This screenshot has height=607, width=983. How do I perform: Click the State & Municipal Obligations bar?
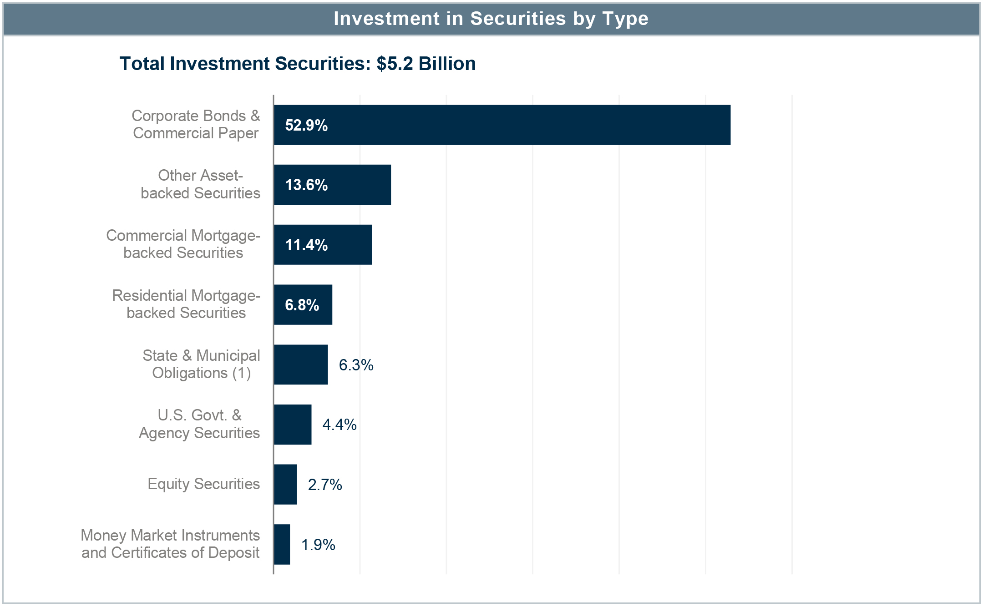click(x=301, y=364)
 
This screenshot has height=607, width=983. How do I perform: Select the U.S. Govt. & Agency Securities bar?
click(x=293, y=425)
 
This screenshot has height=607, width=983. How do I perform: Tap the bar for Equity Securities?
click(x=285, y=485)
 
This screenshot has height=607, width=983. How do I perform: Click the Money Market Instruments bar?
click(x=282, y=544)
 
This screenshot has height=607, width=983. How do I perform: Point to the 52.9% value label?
click(x=306, y=126)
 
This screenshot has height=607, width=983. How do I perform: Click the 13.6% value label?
click(x=306, y=185)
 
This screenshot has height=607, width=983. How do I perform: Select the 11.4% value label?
click(x=306, y=245)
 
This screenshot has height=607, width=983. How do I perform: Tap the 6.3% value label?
click(x=356, y=365)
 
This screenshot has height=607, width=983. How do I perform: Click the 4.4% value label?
click(x=339, y=425)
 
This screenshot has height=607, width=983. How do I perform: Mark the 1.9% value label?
click(x=318, y=545)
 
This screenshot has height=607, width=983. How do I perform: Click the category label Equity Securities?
click(x=203, y=484)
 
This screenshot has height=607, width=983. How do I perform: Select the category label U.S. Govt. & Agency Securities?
click(x=199, y=424)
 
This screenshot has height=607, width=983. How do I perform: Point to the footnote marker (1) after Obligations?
click(x=242, y=374)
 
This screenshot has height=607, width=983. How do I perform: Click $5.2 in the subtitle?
click(x=395, y=64)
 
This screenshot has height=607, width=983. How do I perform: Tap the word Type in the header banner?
click(x=625, y=19)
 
